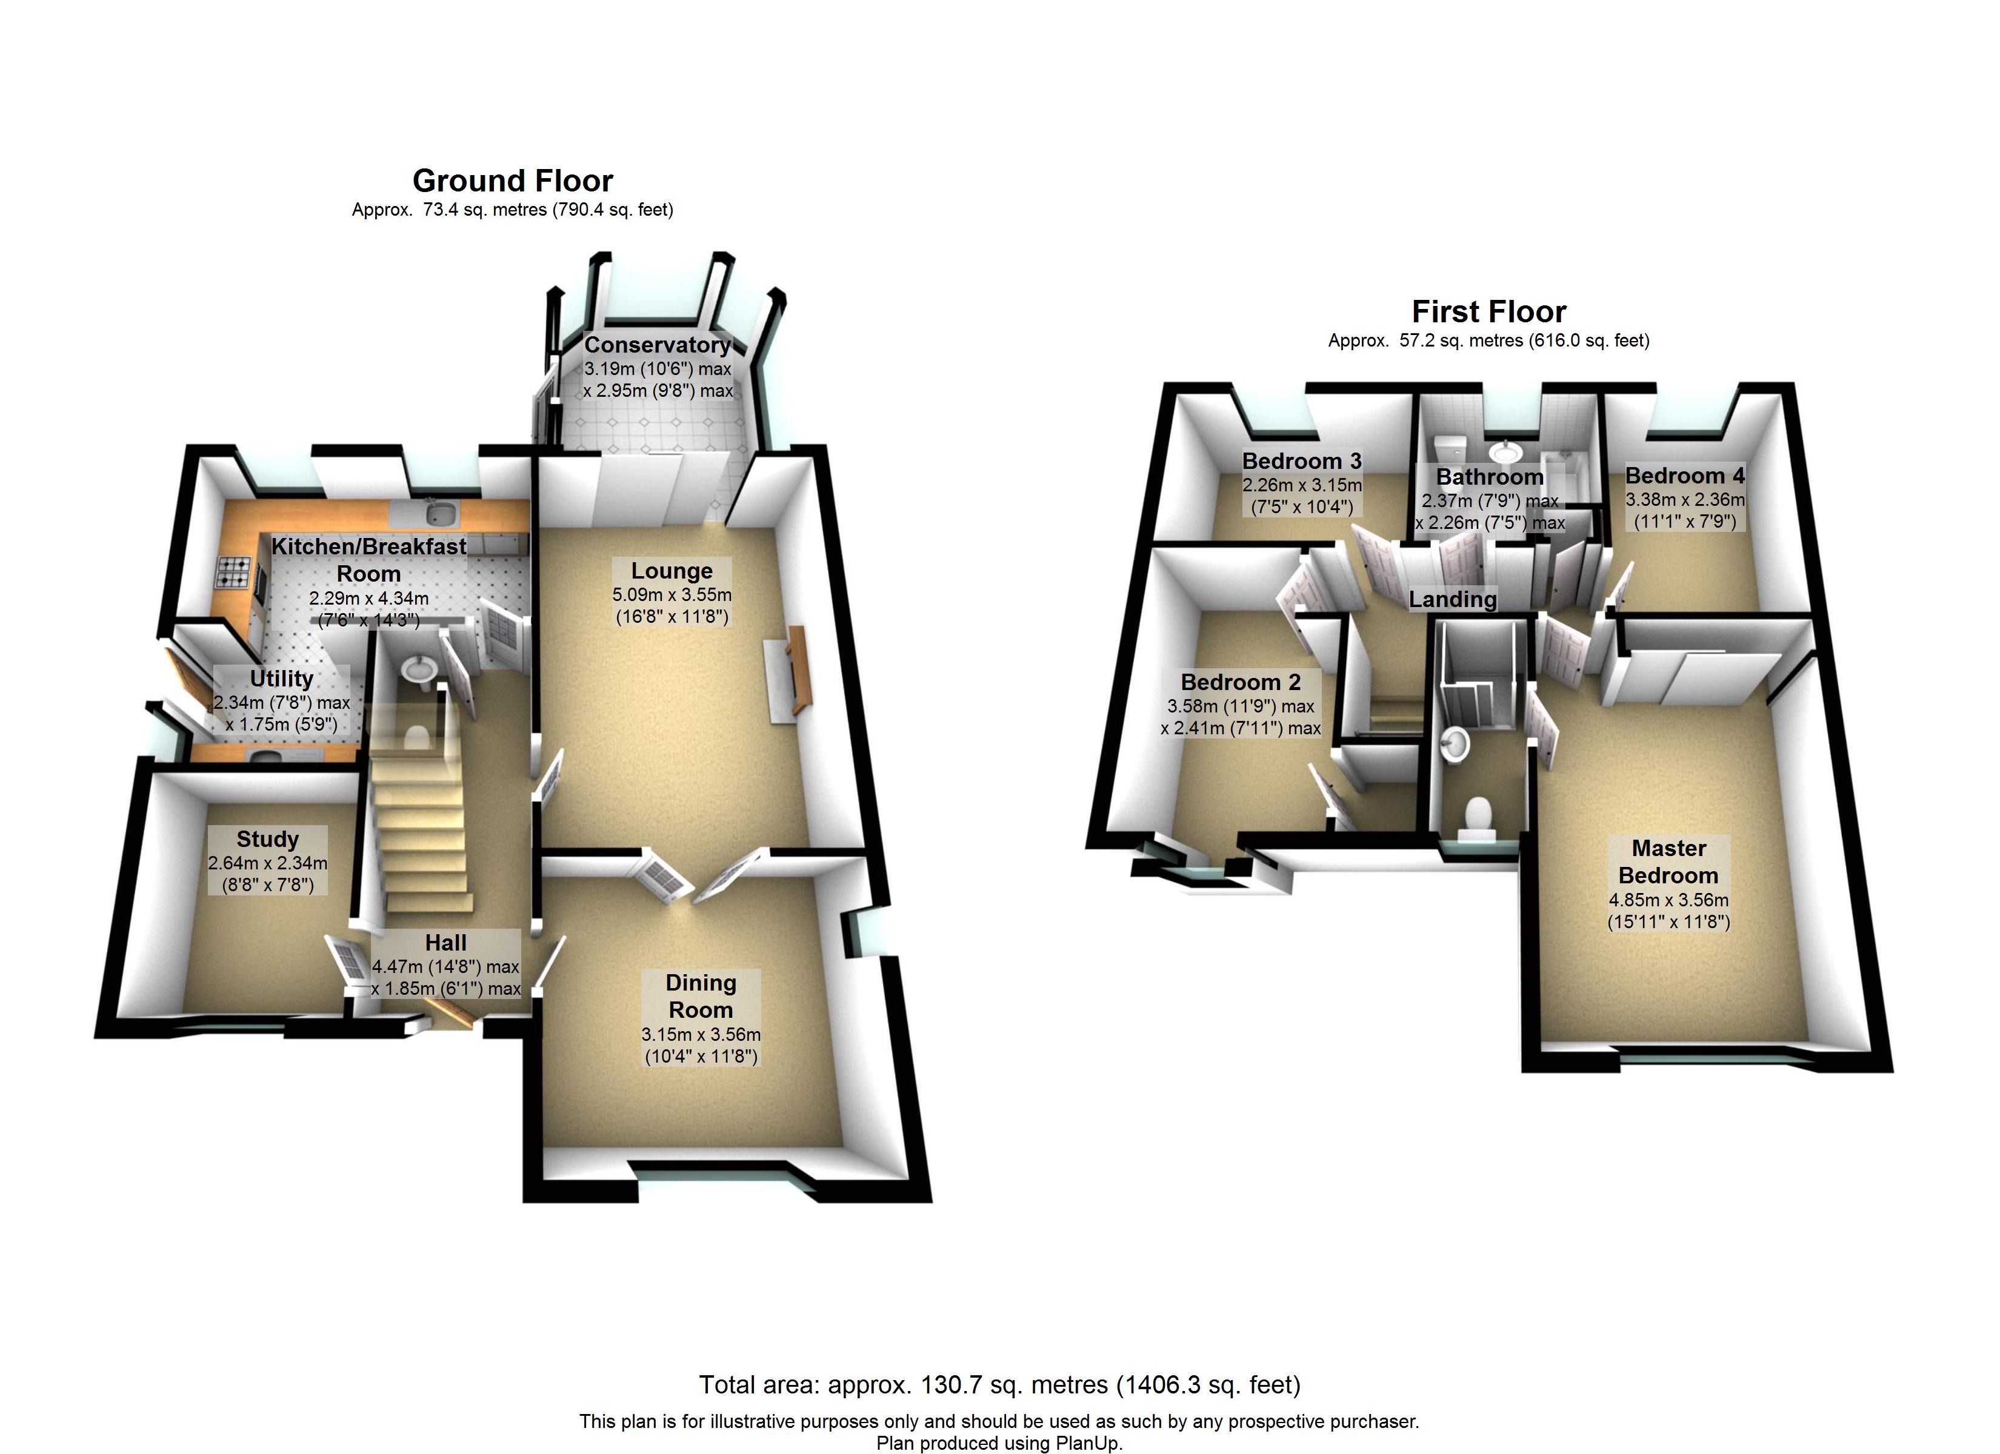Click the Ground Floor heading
point(512,181)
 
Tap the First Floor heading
point(1488,311)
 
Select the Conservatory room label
point(657,345)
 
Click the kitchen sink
point(434,511)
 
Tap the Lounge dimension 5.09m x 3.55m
point(672,595)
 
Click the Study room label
point(267,838)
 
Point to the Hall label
point(445,943)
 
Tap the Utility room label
point(281,679)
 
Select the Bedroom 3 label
point(1302,461)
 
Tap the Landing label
point(1452,600)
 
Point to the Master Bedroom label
point(1668,861)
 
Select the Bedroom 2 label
point(1241,683)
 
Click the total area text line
point(999,1385)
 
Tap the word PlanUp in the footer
point(1087,1444)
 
